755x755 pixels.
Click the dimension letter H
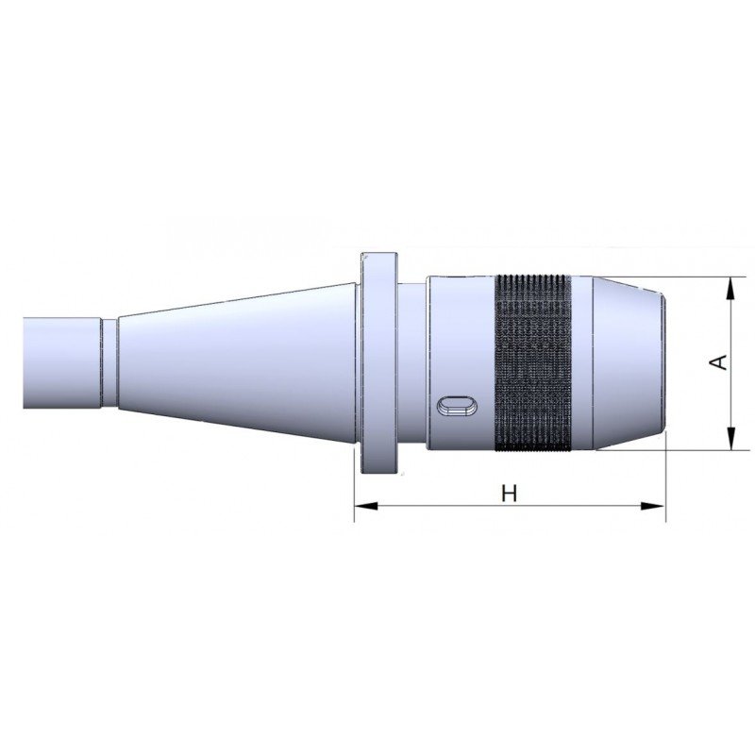[x=509, y=494]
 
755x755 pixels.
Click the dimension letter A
[x=719, y=362]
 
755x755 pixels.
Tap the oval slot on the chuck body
[x=457, y=405]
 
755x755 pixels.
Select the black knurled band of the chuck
[x=533, y=363]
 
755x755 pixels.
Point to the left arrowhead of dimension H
[x=365, y=506]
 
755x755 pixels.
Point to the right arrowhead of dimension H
[x=654, y=506]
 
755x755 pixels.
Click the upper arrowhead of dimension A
[x=730, y=289]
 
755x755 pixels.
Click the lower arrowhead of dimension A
[x=730, y=439]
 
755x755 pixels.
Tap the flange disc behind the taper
[x=379, y=363]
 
